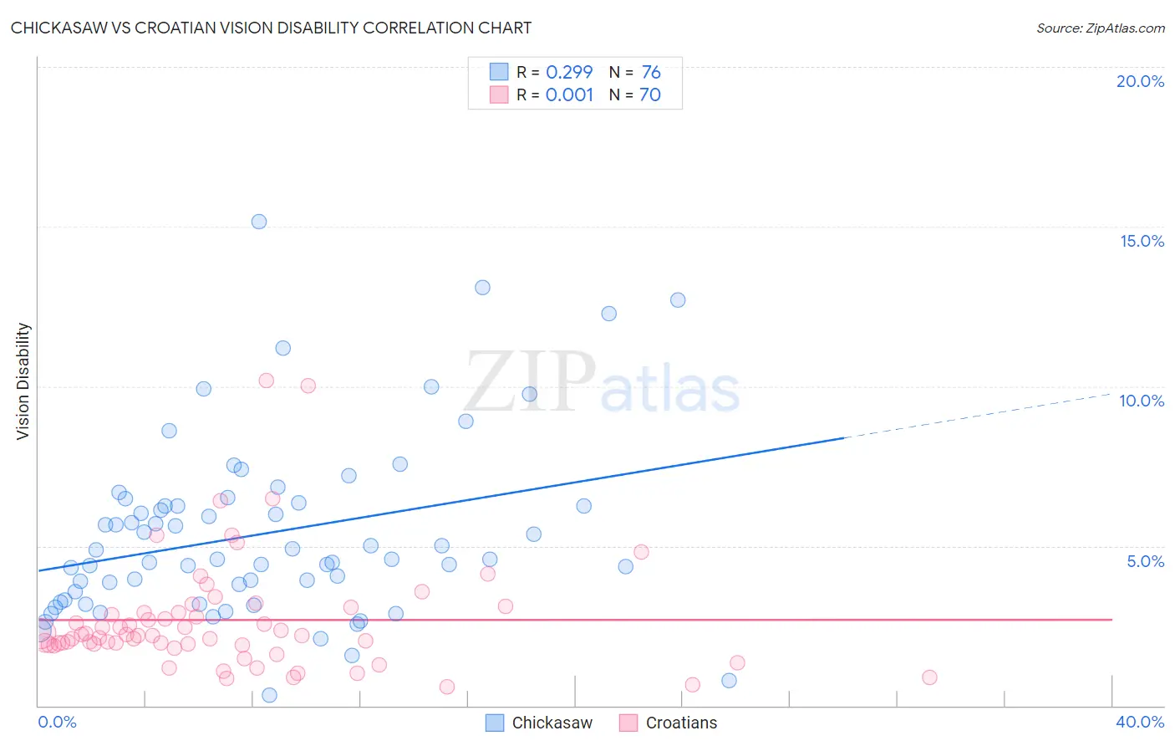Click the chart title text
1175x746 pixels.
tap(271, 28)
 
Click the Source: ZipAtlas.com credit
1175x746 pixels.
tap(1100, 28)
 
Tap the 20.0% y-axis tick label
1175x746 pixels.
tap(1140, 81)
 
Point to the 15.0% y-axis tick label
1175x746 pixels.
tap(1142, 241)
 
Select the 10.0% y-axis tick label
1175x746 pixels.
tap(1142, 401)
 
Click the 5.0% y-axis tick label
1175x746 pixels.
tap(1145, 561)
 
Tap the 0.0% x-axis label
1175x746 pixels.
tap(57, 722)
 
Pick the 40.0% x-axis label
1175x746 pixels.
tap(1140, 722)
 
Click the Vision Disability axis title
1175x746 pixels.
tap(23, 381)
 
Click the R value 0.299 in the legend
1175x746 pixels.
tap(569, 72)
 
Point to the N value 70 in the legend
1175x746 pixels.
tap(650, 95)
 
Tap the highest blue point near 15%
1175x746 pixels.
tap(259, 222)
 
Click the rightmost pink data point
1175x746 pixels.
tap(929, 677)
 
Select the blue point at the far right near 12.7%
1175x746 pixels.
tap(678, 300)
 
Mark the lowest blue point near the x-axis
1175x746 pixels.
tap(269, 695)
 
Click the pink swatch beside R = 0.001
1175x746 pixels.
tap(499, 95)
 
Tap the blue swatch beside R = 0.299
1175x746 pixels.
tap(499, 72)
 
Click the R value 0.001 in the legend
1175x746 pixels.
tap(569, 95)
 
